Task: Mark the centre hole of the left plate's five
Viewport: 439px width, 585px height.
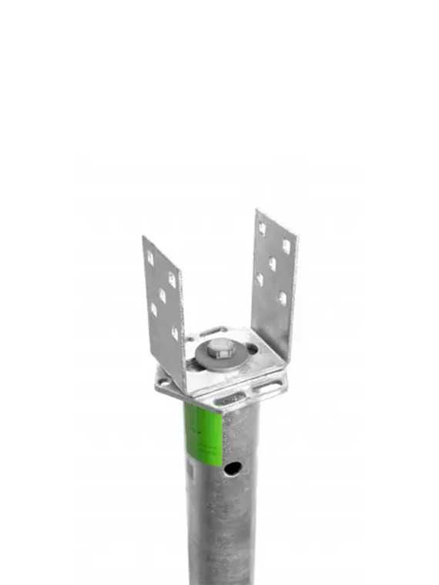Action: pos(162,296)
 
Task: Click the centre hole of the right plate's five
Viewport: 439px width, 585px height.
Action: pos(272,263)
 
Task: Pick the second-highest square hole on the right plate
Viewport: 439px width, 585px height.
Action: pos(286,246)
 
